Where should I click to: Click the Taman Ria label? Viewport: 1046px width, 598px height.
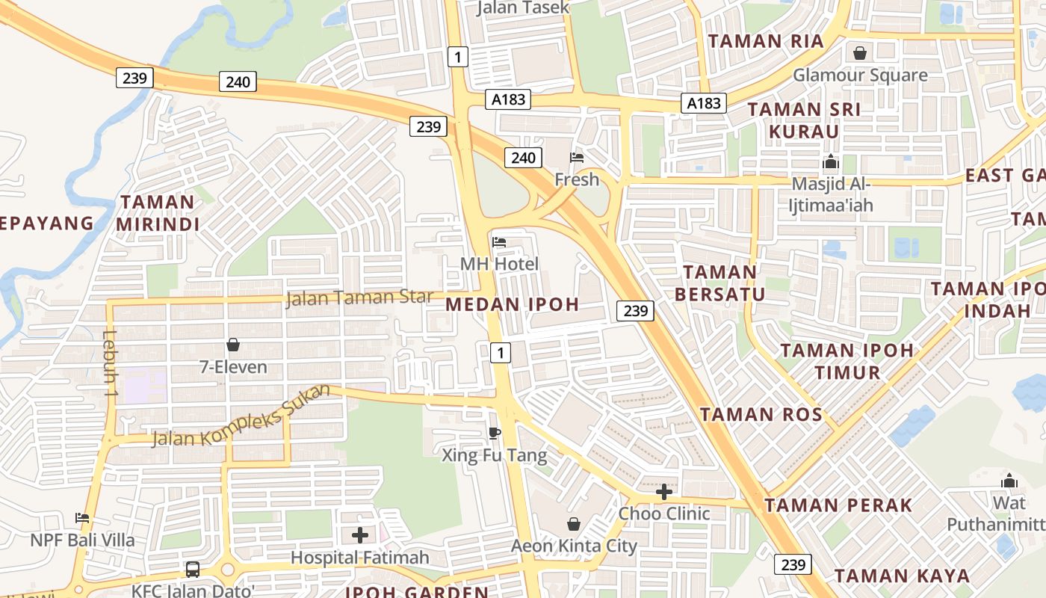click(766, 41)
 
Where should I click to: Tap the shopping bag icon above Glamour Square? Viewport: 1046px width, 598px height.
click(860, 53)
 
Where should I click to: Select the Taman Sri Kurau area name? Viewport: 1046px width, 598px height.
click(804, 120)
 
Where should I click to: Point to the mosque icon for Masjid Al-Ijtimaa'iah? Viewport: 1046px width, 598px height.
click(831, 161)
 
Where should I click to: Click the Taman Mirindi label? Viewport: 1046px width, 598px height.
click(158, 213)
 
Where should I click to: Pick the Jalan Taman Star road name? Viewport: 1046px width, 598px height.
click(359, 298)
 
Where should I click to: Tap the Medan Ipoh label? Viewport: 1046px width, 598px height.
click(513, 304)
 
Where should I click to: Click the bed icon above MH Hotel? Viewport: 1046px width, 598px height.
click(499, 241)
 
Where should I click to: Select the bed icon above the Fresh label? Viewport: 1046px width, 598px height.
click(577, 158)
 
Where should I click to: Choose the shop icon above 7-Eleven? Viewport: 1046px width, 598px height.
click(233, 345)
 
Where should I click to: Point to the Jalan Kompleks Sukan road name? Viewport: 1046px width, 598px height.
click(241, 416)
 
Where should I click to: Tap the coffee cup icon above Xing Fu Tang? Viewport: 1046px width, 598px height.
click(494, 432)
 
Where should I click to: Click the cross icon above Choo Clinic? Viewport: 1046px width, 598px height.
click(664, 491)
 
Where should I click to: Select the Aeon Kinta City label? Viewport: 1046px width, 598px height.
click(574, 546)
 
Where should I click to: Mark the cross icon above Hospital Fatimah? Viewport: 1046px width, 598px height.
click(360, 535)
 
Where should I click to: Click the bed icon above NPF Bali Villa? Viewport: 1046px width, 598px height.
click(82, 517)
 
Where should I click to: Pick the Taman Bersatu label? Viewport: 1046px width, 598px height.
click(720, 283)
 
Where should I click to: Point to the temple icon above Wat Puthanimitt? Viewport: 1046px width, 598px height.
click(1009, 480)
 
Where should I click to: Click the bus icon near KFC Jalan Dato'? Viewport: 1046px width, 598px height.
click(193, 570)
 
